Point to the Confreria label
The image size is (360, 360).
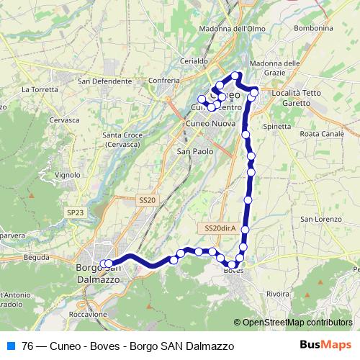click(x=161, y=79)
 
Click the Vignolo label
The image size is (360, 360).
click(x=67, y=174)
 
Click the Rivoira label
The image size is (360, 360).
click(x=278, y=294)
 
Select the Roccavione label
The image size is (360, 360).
click(x=89, y=315)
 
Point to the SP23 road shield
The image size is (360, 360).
click(x=74, y=212)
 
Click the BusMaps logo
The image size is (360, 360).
click(x=330, y=345)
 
